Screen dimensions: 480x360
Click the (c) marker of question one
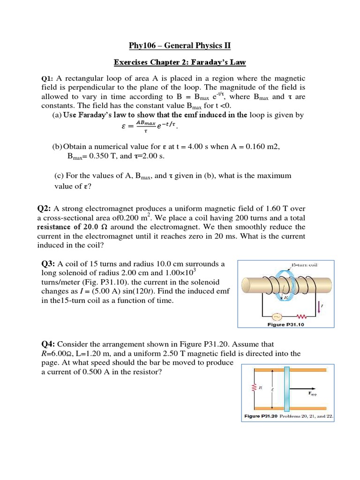(x=59, y=175)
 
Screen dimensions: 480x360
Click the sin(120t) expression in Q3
(x=142, y=291)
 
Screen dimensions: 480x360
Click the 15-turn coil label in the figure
(x=304, y=265)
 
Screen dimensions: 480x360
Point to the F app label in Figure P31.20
(x=312, y=393)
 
